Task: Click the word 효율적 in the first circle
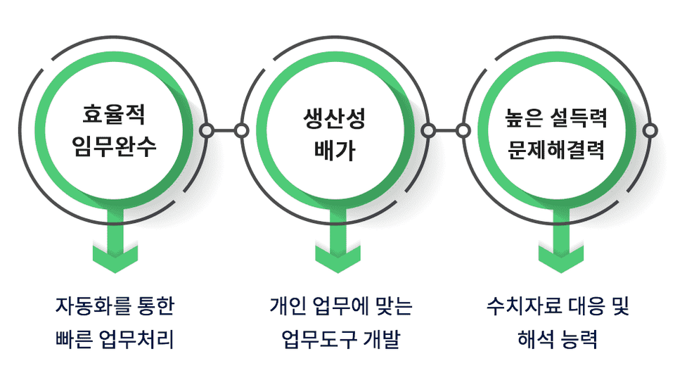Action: [x=114, y=114]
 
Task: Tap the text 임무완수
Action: [x=114, y=146]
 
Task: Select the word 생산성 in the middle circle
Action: [x=335, y=118]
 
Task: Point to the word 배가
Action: [x=335, y=151]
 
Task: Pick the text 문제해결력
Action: [x=556, y=149]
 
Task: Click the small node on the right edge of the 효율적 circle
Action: [x=207, y=130]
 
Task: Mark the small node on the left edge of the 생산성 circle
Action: [x=241, y=130]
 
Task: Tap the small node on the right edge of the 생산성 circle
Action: [x=429, y=130]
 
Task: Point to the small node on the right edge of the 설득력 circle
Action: [x=650, y=130]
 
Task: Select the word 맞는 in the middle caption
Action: [x=394, y=306]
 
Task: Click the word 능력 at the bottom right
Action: [x=579, y=339]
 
